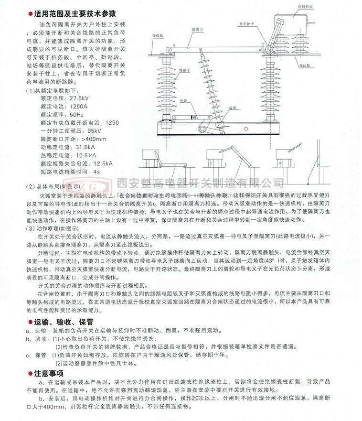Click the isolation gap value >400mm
(x=85, y=139)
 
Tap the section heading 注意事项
(x=49, y=373)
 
